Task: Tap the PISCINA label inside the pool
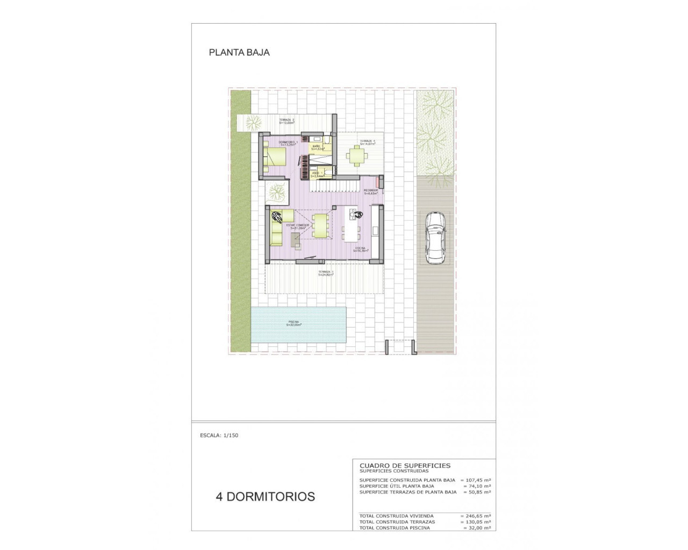click(x=293, y=323)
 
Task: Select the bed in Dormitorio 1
click(x=276, y=157)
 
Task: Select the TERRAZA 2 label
click(x=286, y=121)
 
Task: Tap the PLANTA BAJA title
click(x=239, y=53)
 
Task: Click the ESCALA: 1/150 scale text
click(x=219, y=436)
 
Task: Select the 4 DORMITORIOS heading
click(x=265, y=496)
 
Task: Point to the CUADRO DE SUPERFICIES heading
click(x=405, y=466)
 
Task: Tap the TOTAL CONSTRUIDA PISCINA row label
click(x=395, y=528)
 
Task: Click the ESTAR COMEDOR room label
click(x=298, y=226)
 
